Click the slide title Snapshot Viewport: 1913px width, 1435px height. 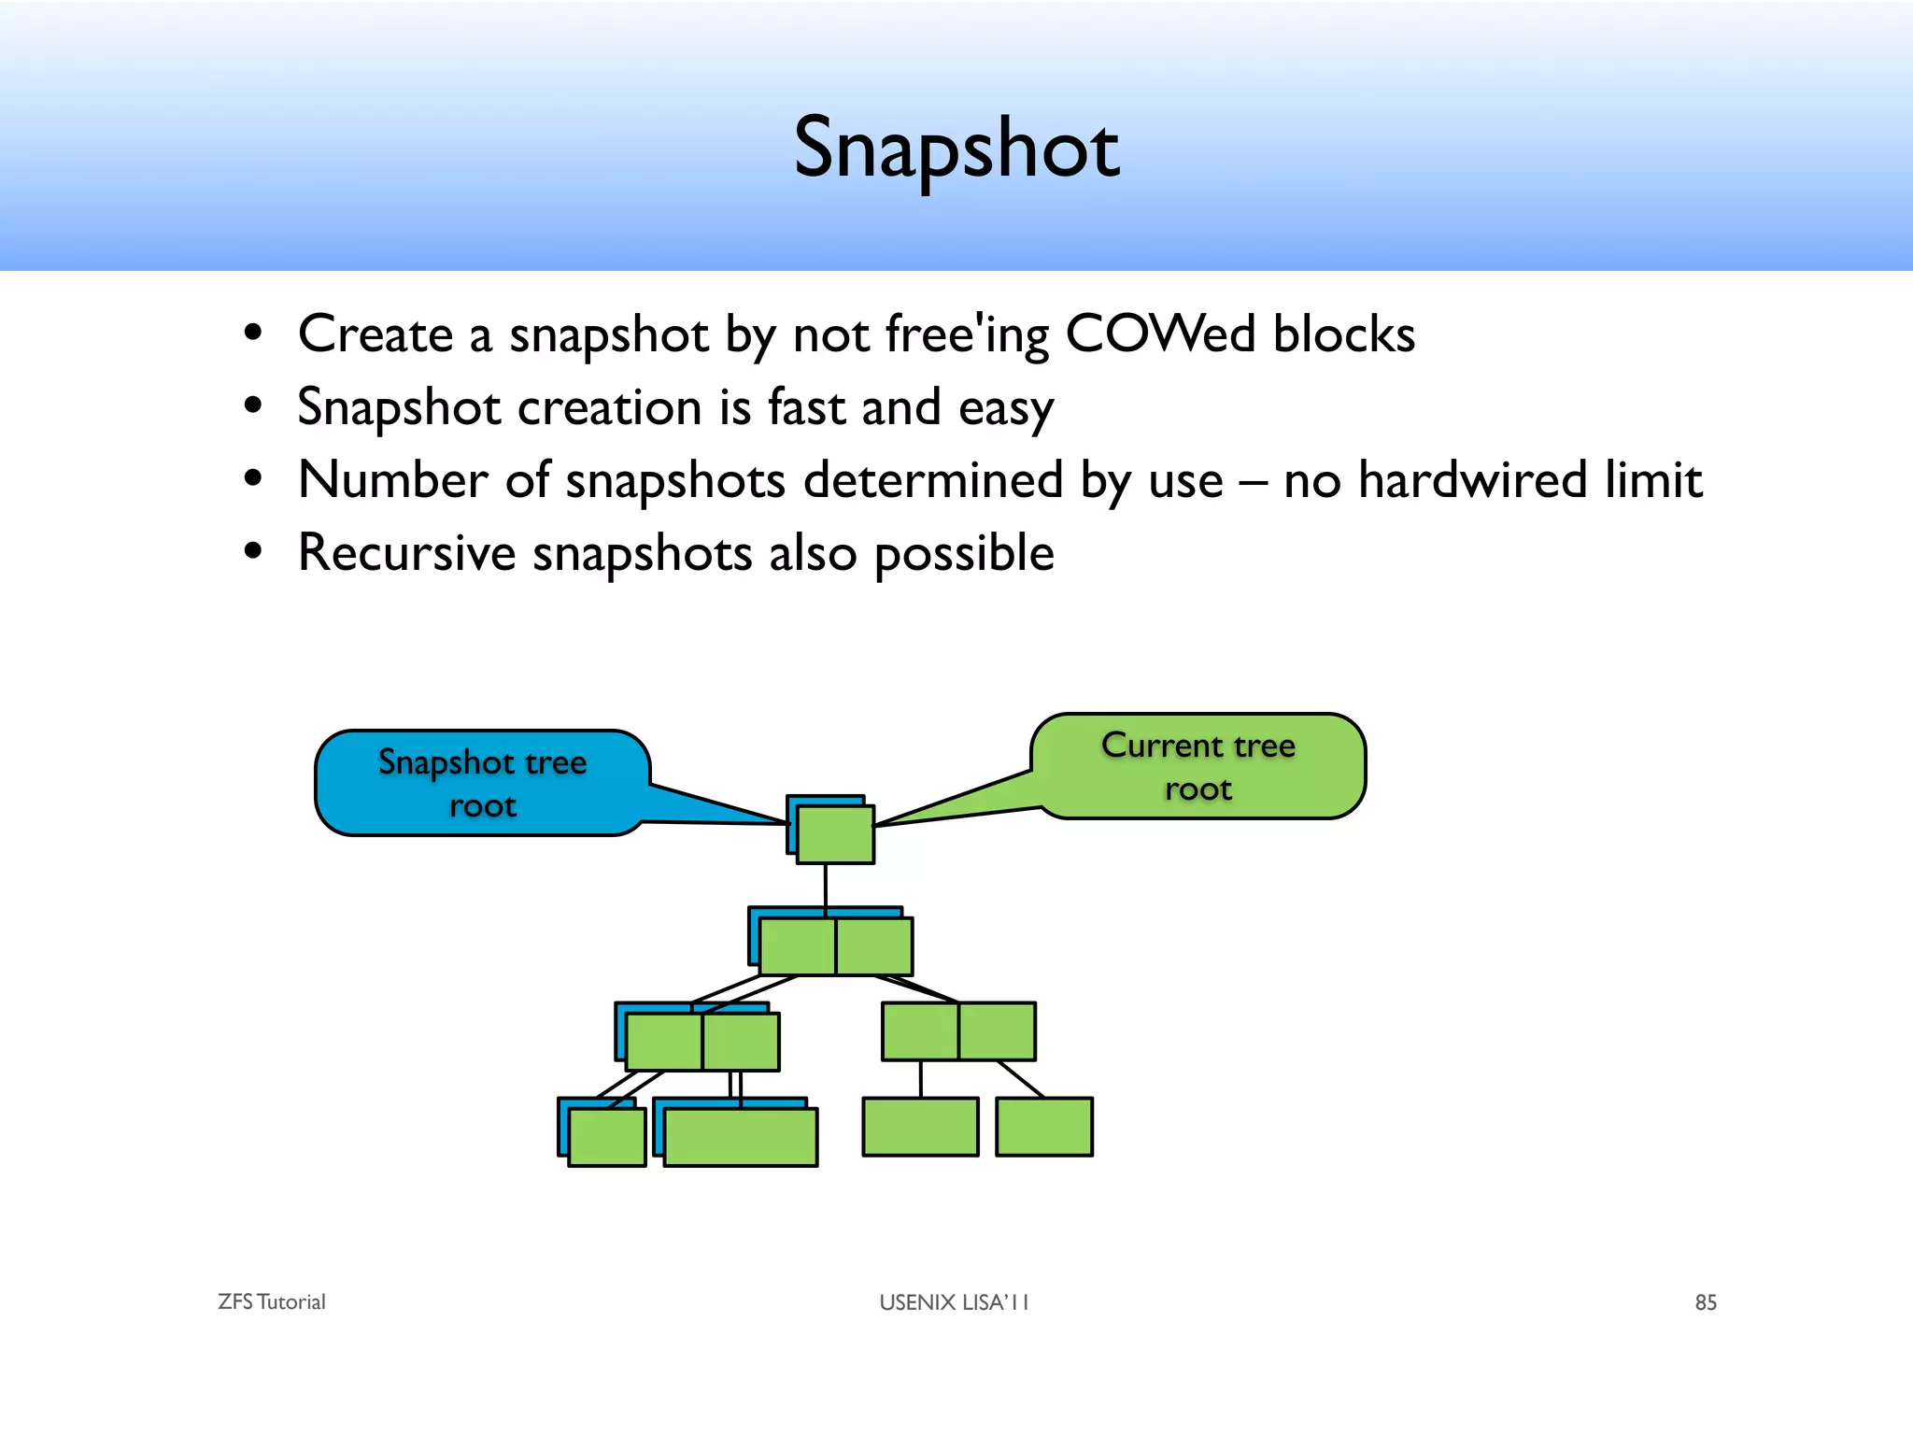(x=956, y=148)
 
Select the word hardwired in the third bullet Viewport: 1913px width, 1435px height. (x=1472, y=480)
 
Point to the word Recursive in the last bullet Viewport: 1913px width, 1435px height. (x=406, y=552)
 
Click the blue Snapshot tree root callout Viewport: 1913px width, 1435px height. (x=482, y=783)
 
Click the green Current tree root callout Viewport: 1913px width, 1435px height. (x=1198, y=766)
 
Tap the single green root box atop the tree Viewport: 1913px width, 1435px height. (x=835, y=834)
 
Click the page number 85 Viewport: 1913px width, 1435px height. (x=1706, y=1302)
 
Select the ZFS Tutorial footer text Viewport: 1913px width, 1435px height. (x=271, y=1301)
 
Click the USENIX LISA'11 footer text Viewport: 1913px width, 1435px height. (x=954, y=1302)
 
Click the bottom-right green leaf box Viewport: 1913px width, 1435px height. (x=1043, y=1127)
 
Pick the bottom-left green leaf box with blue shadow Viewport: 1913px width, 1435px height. (x=607, y=1137)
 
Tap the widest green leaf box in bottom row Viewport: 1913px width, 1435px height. (x=741, y=1137)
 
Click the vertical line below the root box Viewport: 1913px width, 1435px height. (x=826, y=886)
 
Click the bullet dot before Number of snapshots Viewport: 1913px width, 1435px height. (x=252, y=479)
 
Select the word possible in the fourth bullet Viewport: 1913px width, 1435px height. (x=964, y=554)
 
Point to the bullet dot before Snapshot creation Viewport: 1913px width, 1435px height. (x=252, y=406)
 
